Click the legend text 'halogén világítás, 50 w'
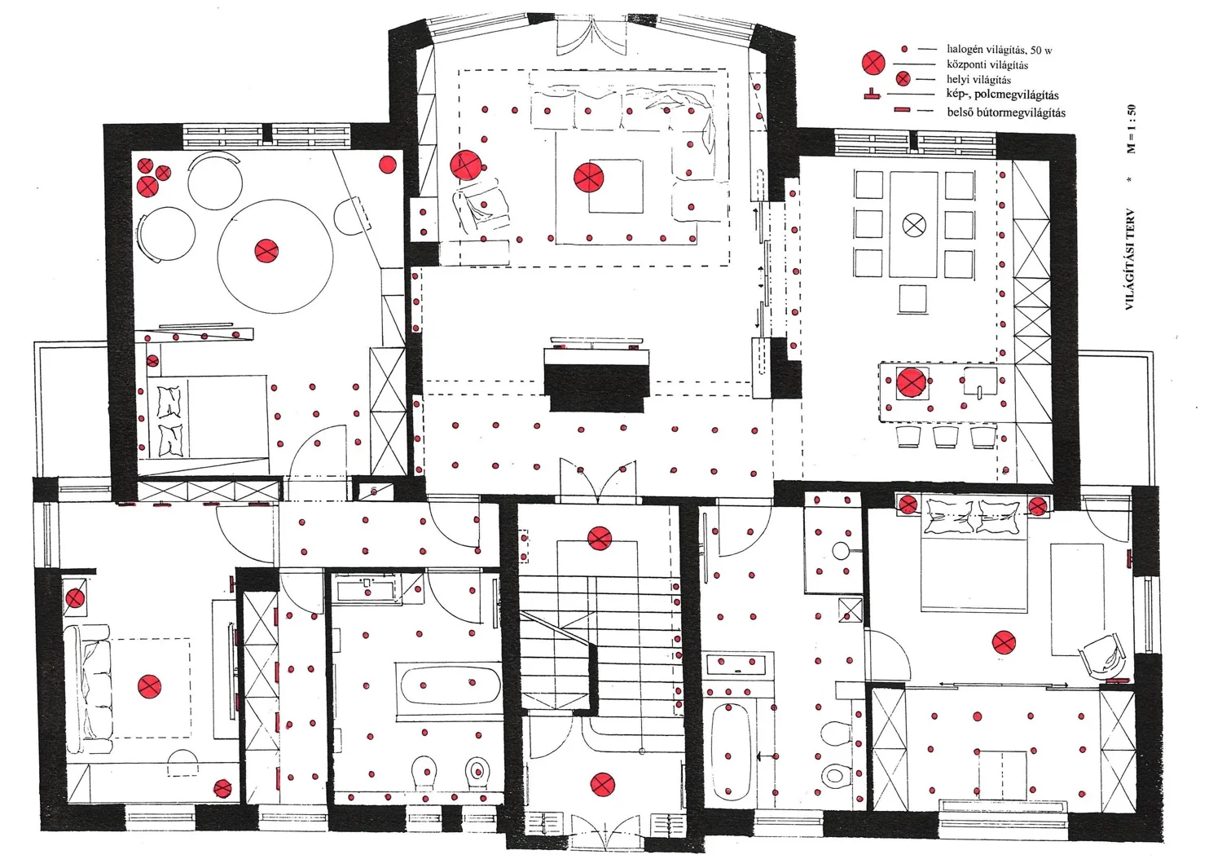1000,50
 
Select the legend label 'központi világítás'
987,65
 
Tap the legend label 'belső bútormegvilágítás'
1006,112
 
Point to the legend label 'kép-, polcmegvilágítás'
1003,95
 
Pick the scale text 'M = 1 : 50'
1131,129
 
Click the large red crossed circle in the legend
873,64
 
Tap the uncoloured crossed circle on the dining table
914,224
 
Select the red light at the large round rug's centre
266,251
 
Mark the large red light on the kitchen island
911,382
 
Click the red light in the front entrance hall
602,785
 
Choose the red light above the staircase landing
600,538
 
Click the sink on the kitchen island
980,381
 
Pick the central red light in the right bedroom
1004,642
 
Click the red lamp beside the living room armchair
465,165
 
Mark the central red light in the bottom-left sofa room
149,686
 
